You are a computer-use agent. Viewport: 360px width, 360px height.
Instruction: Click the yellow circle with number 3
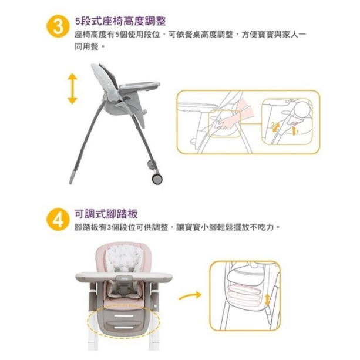(58, 27)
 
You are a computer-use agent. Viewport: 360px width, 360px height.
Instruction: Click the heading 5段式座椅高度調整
(120, 21)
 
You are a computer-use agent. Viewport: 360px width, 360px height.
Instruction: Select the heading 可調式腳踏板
(106, 214)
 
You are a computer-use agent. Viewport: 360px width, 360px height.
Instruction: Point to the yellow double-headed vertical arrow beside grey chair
(72, 89)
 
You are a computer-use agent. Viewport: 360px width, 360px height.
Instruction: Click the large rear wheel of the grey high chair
(157, 178)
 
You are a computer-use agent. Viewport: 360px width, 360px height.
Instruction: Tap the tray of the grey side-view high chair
(139, 86)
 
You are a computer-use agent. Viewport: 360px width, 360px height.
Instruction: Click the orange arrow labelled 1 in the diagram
(294, 130)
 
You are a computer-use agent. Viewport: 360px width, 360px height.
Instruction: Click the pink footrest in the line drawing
(244, 291)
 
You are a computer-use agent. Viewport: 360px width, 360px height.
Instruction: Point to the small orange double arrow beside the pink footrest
(267, 300)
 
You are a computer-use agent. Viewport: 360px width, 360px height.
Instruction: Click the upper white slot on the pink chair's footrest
(124, 316)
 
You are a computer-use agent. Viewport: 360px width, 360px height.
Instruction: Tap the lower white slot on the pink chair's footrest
(124, 327)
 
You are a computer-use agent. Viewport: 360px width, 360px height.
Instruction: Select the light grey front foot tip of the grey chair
(72, 177)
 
